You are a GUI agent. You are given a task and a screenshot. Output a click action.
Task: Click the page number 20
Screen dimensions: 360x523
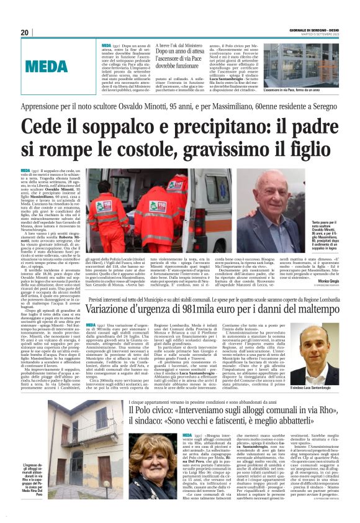[x=25, y=32]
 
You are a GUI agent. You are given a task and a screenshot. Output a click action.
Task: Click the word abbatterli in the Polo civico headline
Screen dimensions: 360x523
[x=322, y=422]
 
